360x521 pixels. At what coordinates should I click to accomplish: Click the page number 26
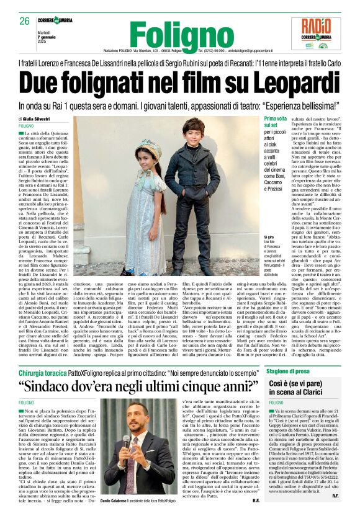tap(24, 21)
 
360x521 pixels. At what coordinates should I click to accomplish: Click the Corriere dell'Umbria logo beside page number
tap(61, 20)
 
